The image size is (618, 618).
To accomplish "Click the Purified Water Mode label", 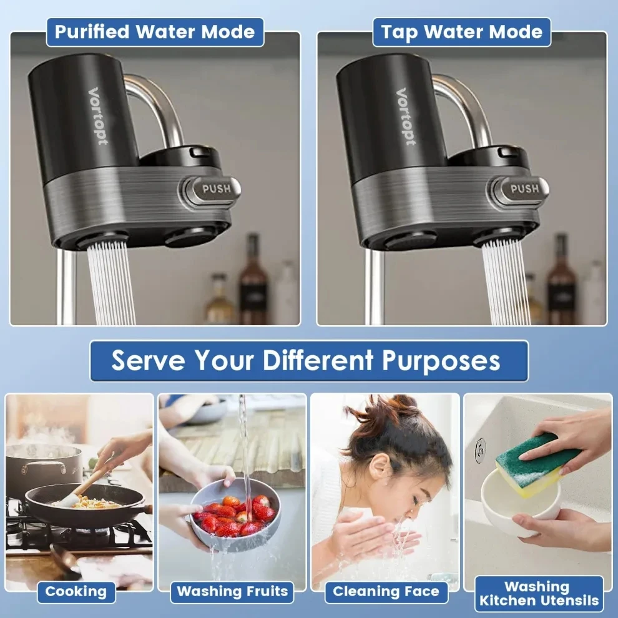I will (x=155, y=32).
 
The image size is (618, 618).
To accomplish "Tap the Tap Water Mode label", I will (x=462, y=32).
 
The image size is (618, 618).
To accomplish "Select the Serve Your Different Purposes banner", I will (x=309, y=361).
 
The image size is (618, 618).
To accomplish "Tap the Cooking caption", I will (x=76, y=591).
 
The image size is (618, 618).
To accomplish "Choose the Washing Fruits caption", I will (x=232, y=591).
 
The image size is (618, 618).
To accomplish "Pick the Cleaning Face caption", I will (x=386, y=591).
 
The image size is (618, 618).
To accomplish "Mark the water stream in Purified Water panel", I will (x=111, y=284).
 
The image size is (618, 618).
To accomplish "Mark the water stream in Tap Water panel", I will (x=506, y=284).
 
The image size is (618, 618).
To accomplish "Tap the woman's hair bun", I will (x=387, y=415).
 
